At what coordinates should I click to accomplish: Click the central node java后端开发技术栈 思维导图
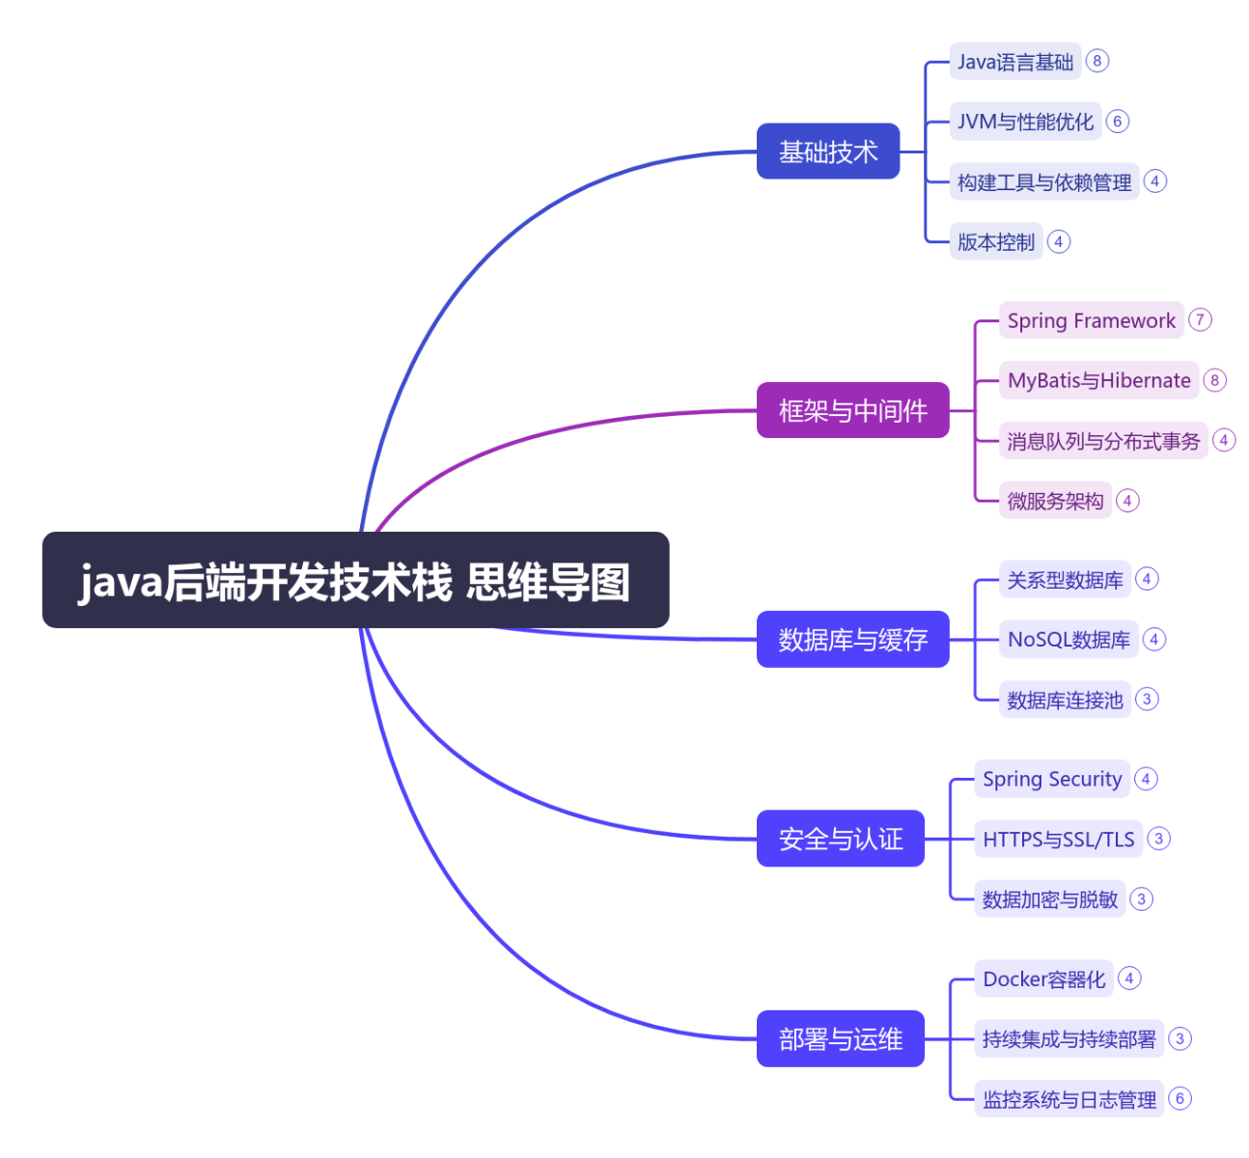[x=355, y=579]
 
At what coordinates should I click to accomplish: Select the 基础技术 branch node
[x=827, y=151]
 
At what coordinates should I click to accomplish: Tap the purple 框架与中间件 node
[x=852, y=410]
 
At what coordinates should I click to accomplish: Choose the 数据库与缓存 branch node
[x=852, y=639]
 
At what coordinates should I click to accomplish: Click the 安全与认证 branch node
[x=840, y=839]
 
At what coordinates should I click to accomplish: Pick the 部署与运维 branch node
[x=840, y=1038]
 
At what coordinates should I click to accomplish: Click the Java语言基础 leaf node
[x=1015, y=61]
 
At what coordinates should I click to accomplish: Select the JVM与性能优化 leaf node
[x=1025, y=121]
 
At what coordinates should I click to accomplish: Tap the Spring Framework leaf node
[x=1091, y=320]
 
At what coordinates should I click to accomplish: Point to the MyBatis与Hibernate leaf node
[x=1098, y=380]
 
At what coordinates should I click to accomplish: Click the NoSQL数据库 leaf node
[x=1069, y=639]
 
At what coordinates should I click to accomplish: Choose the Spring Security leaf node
[x=1052, y=779]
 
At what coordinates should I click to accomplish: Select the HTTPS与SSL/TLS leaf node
[x=1059, y=839]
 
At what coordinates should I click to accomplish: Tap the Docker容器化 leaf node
[x=1044, y=979]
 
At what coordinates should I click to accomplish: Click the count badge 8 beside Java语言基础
[x=1096, y=61]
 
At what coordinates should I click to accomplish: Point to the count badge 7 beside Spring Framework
[x=1200, y=319]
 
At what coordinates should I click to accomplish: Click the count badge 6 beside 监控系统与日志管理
[x=1180, y=1098]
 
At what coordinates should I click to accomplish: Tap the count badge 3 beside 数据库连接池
[x=1147, y=699]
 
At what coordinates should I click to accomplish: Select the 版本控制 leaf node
[x=995, y=241]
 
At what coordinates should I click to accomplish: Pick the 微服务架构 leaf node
[x=1055, y=501]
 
